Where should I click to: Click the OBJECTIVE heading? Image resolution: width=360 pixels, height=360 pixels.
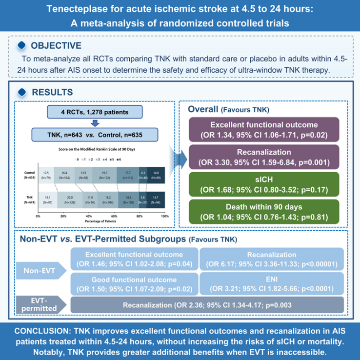click(x=56, y=46)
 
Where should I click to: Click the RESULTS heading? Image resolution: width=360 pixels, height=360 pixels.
click(x=52, y=92)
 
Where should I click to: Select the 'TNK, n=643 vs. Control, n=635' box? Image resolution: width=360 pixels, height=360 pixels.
click(x=94, y=135)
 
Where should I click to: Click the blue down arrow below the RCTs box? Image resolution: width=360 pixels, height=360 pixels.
click(x=94, y=123)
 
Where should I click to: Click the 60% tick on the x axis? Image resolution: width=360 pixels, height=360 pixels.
click(x=114, y=215)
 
